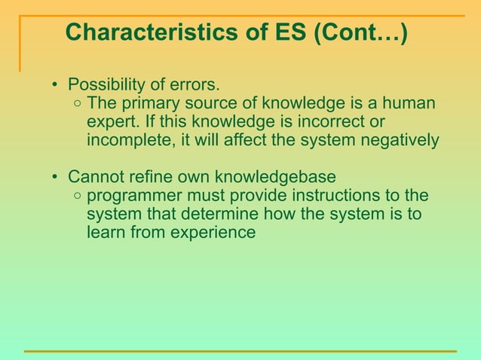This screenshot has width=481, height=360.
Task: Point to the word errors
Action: pos(198,83)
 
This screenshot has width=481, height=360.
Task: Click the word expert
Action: pos(109,121)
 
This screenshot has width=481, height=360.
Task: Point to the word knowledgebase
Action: pos(275,178)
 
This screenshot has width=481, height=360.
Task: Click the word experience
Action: pos(215,233)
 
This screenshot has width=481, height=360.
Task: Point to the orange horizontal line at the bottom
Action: pos(240,351)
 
